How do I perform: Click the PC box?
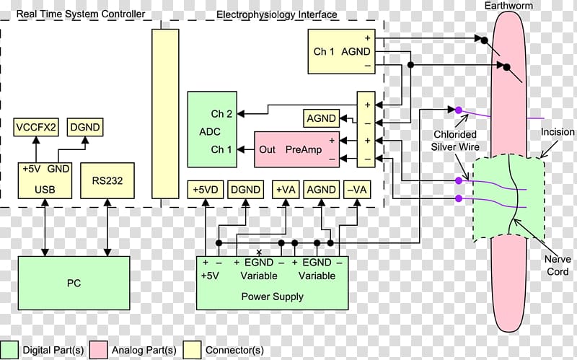tap(74, 283)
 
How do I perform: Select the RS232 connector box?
tap(107, 181)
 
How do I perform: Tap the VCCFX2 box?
tap(36, 128)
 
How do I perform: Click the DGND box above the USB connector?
tap(85, 128)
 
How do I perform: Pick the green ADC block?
tap(212, 130)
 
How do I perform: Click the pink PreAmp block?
tap(296, 149)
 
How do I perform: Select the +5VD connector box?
tap(206, 190)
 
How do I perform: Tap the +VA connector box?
tap(286, 190)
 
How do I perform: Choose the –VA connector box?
tap(356, 190)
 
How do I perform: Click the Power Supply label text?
tap(273, 297)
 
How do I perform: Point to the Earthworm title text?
tap(508, 6)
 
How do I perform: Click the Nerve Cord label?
tap(557, 265)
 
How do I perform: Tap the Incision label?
tap(557, 132)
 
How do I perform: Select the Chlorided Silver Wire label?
tap(455, 141)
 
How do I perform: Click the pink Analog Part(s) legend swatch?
tap(99, 350)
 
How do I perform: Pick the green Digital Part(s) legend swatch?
tap(9, 350)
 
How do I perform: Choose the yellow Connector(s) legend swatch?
tap(193, 350)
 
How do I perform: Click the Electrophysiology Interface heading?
tap(276, 14)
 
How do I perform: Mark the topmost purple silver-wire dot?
tap(459, 110)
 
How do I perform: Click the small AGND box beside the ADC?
tap(321, 118)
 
